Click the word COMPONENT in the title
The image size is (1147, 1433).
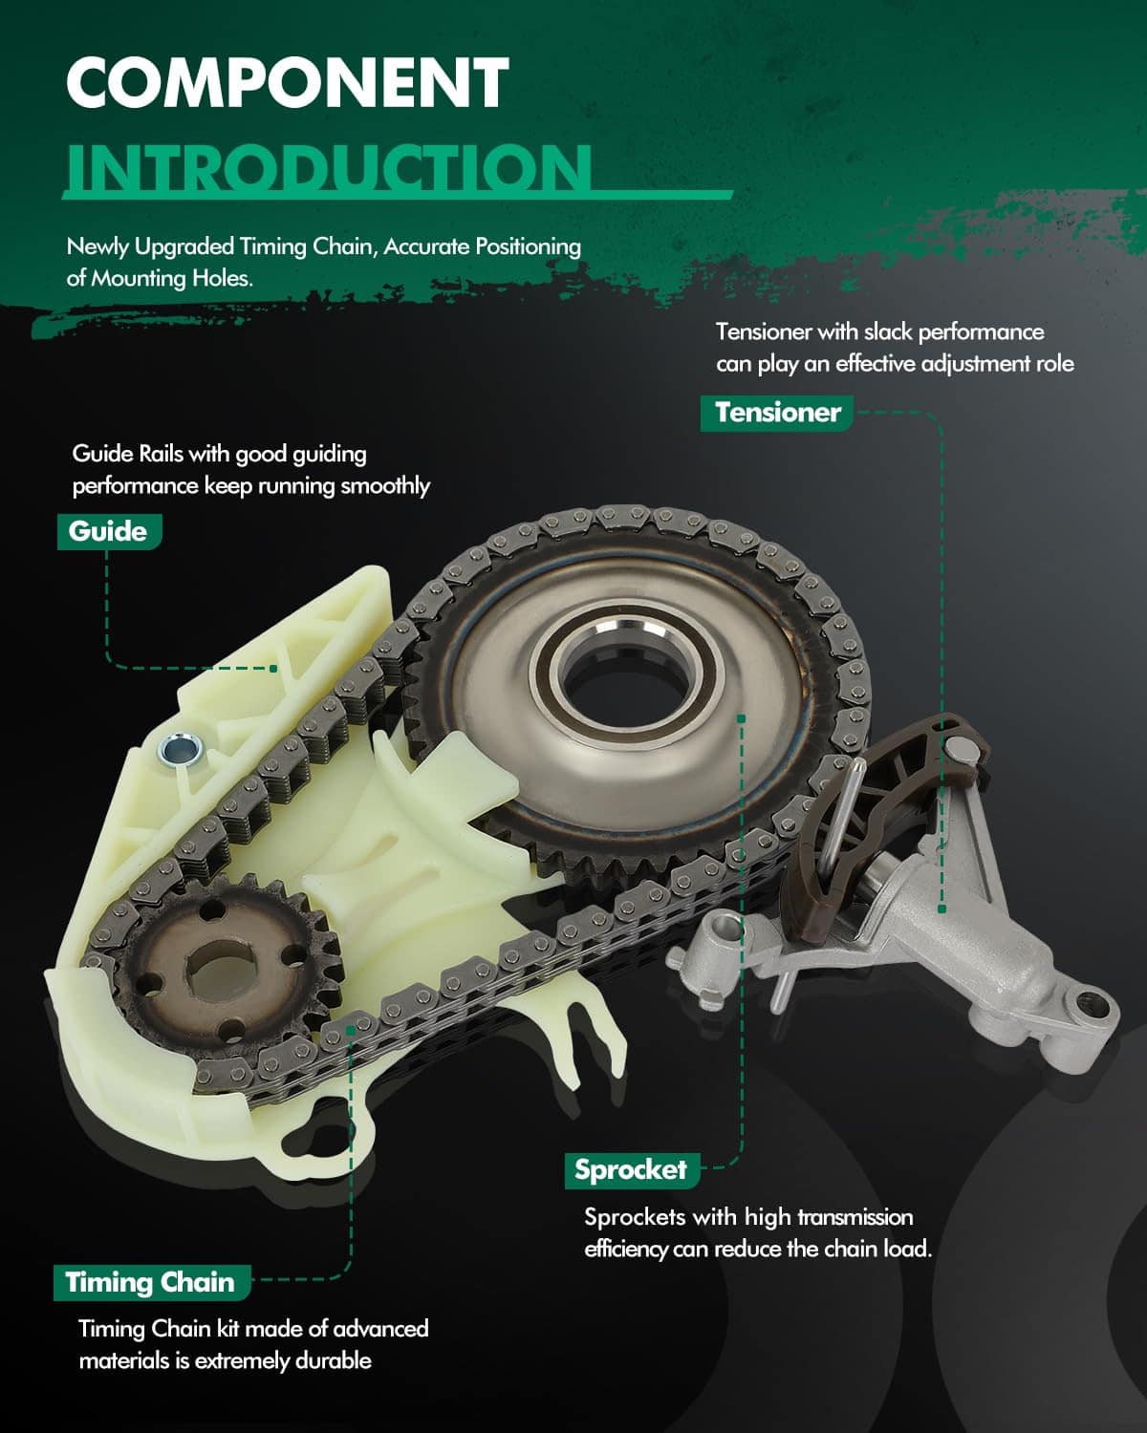point(288,82)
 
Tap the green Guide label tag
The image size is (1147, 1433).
point(109,531)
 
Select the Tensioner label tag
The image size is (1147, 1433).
point(777,413)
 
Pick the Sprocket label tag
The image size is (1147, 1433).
point(632,1170)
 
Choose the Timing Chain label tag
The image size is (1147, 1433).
point(152,1282)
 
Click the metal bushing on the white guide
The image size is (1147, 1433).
point(180,750)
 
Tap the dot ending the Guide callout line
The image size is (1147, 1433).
point(274,669)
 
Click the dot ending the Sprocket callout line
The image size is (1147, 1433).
point(741,718)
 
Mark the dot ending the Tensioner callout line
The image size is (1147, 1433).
point(941,909)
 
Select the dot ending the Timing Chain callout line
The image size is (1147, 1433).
point(351,1030)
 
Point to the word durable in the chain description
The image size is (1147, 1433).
point(334,1360)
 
